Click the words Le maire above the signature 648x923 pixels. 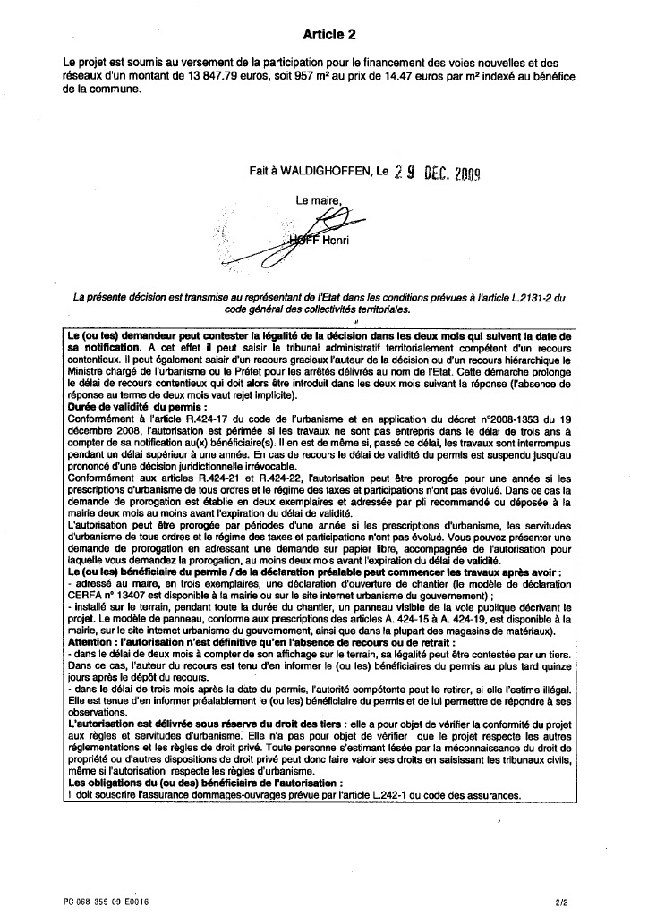point(319,201)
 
